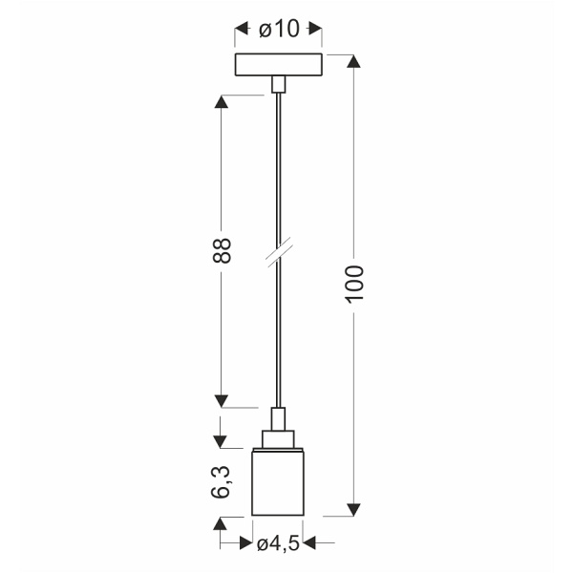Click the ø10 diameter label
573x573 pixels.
pyautogui.click(x=278, y=31)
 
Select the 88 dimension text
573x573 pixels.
pyautogui.click(x=222, y=250)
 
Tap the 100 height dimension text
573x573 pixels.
pyautogui.click(x=354, y=285)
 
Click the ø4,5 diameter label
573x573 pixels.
pyautogui.click(x=278, y=545)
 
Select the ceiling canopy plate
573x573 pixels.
pyautogui.click(x=278, y=66)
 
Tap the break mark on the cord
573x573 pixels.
pyautogui.click(x=278, y=254)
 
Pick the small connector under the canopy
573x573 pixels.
pyautogui.click(x=278, y=85)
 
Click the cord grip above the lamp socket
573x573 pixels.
pyautogui.click(x=278, y=417)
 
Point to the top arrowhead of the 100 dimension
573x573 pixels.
pyautogui.click(x=354, y=63)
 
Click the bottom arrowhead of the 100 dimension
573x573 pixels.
pyautogui.click(x=354, y=509)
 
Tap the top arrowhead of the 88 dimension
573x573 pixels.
pyautogui.click(x=222, y=101)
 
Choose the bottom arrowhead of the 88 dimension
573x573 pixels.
pyautogui.click(x=222, y=400)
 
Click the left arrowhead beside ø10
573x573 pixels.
pyautogui.click(x=241, y=31)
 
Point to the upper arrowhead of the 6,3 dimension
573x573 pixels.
pyautogui.click(x=222, y=442)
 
